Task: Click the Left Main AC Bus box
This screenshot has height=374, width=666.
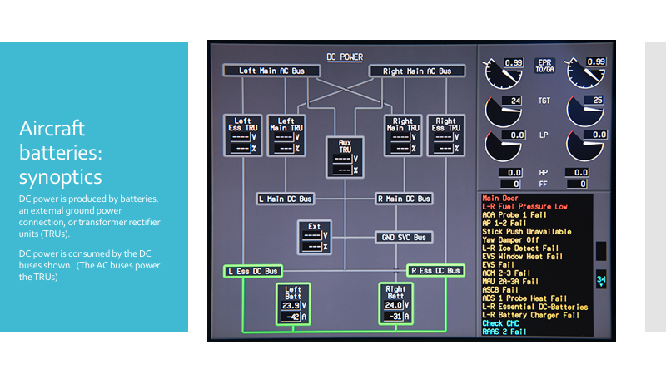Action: click(271, 71)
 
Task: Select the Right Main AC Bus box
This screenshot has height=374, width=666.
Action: click(417, 71)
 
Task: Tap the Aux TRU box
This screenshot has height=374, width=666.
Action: click(345, 157)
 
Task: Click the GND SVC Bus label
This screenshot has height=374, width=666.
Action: click(404, 238)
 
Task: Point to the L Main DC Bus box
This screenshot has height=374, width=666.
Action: click(286, 199)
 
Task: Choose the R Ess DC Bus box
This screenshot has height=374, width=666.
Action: click(435, 271)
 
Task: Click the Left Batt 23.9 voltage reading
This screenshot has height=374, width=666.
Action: click(291, 305)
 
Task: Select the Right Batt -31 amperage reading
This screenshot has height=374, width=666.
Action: click(393, 317)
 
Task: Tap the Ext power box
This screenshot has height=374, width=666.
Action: click(315, 237)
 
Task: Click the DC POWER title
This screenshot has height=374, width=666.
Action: click(345, 57)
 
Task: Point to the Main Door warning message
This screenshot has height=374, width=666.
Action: click(500, 198)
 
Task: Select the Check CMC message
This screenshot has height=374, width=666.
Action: click(500, 323)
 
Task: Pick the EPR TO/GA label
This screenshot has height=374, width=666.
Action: click(544, 66)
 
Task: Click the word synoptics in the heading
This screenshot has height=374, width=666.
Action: click(60, 177)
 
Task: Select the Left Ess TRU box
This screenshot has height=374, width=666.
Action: click(242, 135)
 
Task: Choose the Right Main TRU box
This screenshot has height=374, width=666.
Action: click(403, 135)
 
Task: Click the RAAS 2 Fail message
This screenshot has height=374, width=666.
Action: click(504, 332)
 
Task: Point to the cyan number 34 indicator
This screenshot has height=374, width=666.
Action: click(601, 279)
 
